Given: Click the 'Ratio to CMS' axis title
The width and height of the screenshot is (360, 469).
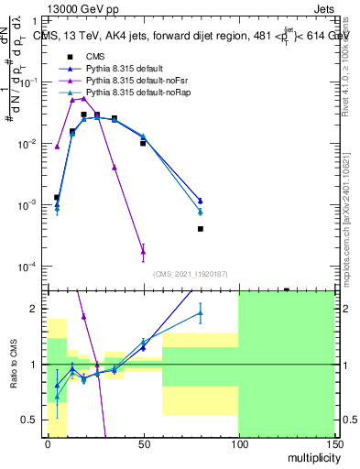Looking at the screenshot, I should [16, 365].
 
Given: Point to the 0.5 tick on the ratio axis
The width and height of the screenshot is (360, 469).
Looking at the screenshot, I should [34, 420].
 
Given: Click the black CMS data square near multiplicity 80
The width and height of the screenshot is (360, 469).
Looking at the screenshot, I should [200, 229].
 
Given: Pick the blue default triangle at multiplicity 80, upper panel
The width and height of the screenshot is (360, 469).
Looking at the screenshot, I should [200, 200].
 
